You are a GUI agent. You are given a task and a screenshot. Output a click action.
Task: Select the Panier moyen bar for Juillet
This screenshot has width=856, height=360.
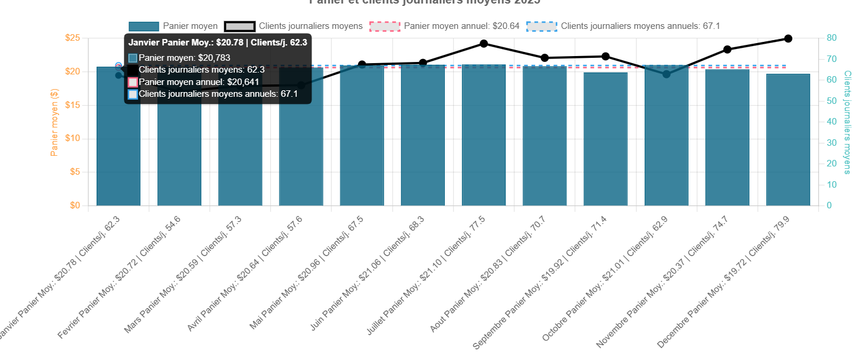[484, 136]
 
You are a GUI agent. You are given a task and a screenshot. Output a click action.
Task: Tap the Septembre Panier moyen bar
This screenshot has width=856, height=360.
[605, 139]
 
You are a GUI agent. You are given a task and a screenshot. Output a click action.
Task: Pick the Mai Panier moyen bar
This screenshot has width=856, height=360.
[362, 136]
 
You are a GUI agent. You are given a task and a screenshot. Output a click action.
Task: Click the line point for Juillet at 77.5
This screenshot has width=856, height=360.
[484, 44]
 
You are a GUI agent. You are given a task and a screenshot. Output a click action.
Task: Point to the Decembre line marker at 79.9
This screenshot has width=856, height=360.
[788, 38]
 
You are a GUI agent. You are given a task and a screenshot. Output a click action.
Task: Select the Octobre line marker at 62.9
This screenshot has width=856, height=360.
[666, 74]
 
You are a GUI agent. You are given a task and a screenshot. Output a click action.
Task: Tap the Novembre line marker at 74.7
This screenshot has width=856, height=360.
[727, 50]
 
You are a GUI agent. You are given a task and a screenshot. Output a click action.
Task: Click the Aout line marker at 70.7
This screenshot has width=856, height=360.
[545, 58]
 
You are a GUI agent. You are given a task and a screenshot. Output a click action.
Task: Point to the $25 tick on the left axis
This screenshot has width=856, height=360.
[73, 38]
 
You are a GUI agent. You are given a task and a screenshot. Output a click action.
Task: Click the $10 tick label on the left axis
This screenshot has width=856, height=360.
[73, 139]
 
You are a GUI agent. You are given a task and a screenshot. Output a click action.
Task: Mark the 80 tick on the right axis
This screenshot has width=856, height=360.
[831, 38]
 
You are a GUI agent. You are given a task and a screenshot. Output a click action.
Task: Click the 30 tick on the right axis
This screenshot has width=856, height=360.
[831, 143]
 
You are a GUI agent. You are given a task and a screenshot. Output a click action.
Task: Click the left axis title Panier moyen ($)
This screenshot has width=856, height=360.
[54, 122]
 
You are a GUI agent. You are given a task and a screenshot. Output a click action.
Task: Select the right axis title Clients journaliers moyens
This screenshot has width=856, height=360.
[847, 122]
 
